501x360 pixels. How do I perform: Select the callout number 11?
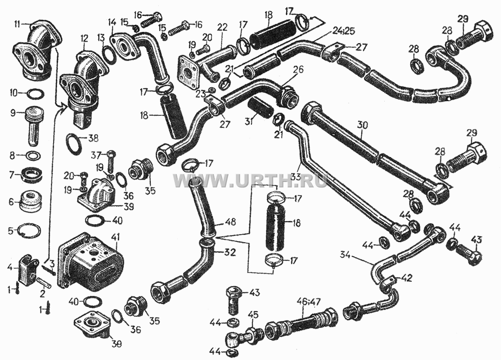(x=18, y=24)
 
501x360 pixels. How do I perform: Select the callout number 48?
(x=230, y=222)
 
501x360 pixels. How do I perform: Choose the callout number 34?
(x=345, y=255)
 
